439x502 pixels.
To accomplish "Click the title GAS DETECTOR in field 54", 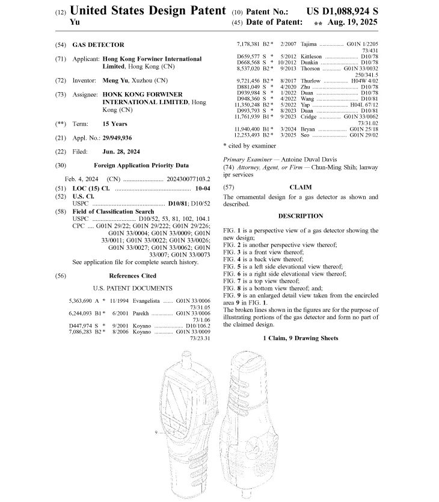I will [x=98, y=45].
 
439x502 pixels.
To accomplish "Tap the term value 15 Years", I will [x=115, y=124].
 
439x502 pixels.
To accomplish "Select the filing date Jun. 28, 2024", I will [x=121, y=152].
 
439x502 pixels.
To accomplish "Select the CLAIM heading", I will [x=300, y=187].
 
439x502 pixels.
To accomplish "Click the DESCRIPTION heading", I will [x=300, y=215].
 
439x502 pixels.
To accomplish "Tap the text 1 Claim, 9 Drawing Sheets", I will [x=300, y=338].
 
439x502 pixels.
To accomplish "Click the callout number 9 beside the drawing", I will [x=156, y=432].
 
